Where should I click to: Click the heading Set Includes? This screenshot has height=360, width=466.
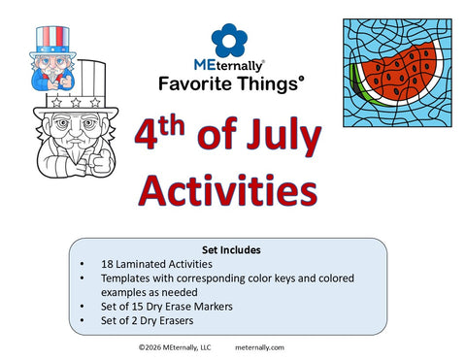[230, 248]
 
